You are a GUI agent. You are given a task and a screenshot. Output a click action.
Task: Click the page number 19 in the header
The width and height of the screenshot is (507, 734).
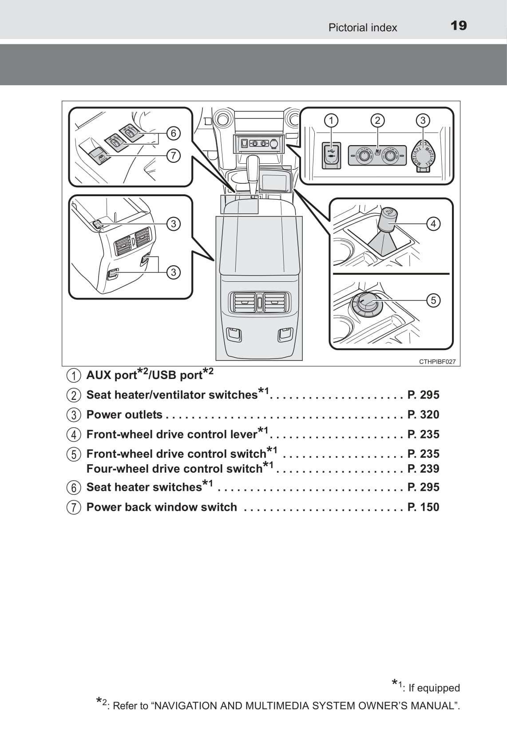pyautogui.click(x=459, y=26)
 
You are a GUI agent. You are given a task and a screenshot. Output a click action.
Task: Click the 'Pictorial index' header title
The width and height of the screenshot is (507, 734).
pyautogui.click(x=362, y=28)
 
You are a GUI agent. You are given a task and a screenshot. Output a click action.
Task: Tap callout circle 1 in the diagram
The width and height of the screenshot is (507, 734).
pyautogui.click(x=331, y=120)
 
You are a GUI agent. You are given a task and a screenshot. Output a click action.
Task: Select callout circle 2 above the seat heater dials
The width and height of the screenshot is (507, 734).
pyautogui.click(x=377, y=120)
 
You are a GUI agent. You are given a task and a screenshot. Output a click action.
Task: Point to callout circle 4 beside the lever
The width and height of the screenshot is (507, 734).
pyautogui.click(x=433, y=223)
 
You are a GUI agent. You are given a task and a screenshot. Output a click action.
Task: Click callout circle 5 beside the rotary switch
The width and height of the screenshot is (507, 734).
pyautogui.click(x=433, y=300)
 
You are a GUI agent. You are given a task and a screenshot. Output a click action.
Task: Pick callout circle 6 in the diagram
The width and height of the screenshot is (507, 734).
pyautogui.click(x=174, y=133)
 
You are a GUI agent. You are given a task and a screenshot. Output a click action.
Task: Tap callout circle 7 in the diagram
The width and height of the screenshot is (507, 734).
pyautogui.click(x=174, y=155)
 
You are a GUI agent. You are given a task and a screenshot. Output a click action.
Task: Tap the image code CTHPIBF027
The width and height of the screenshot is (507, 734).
pyautogui.click(x=437, y=362)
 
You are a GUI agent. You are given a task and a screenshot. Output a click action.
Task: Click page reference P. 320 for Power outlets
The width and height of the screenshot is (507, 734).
pyautogui.click(x=423, y=414)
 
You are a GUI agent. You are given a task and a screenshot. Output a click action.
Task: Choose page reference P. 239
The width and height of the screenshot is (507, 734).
pyautogui.click(x=423, y=469)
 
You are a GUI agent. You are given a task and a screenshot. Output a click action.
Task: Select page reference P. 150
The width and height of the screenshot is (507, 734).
pyautogui.click(x=423, y=507)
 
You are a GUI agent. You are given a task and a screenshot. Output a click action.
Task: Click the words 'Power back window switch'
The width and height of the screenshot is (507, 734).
pyautogui.click(x=162, y=507)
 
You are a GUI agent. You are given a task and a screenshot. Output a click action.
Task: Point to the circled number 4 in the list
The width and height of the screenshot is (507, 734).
pyautogui.click(x=74, y=434)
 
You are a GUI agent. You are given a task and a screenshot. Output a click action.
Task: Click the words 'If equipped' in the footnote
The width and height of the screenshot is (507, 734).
pyautogui.click(x=434, y=688)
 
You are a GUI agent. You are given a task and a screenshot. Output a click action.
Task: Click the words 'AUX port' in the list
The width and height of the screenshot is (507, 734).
pyautogui.click(x=111, y=375)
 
